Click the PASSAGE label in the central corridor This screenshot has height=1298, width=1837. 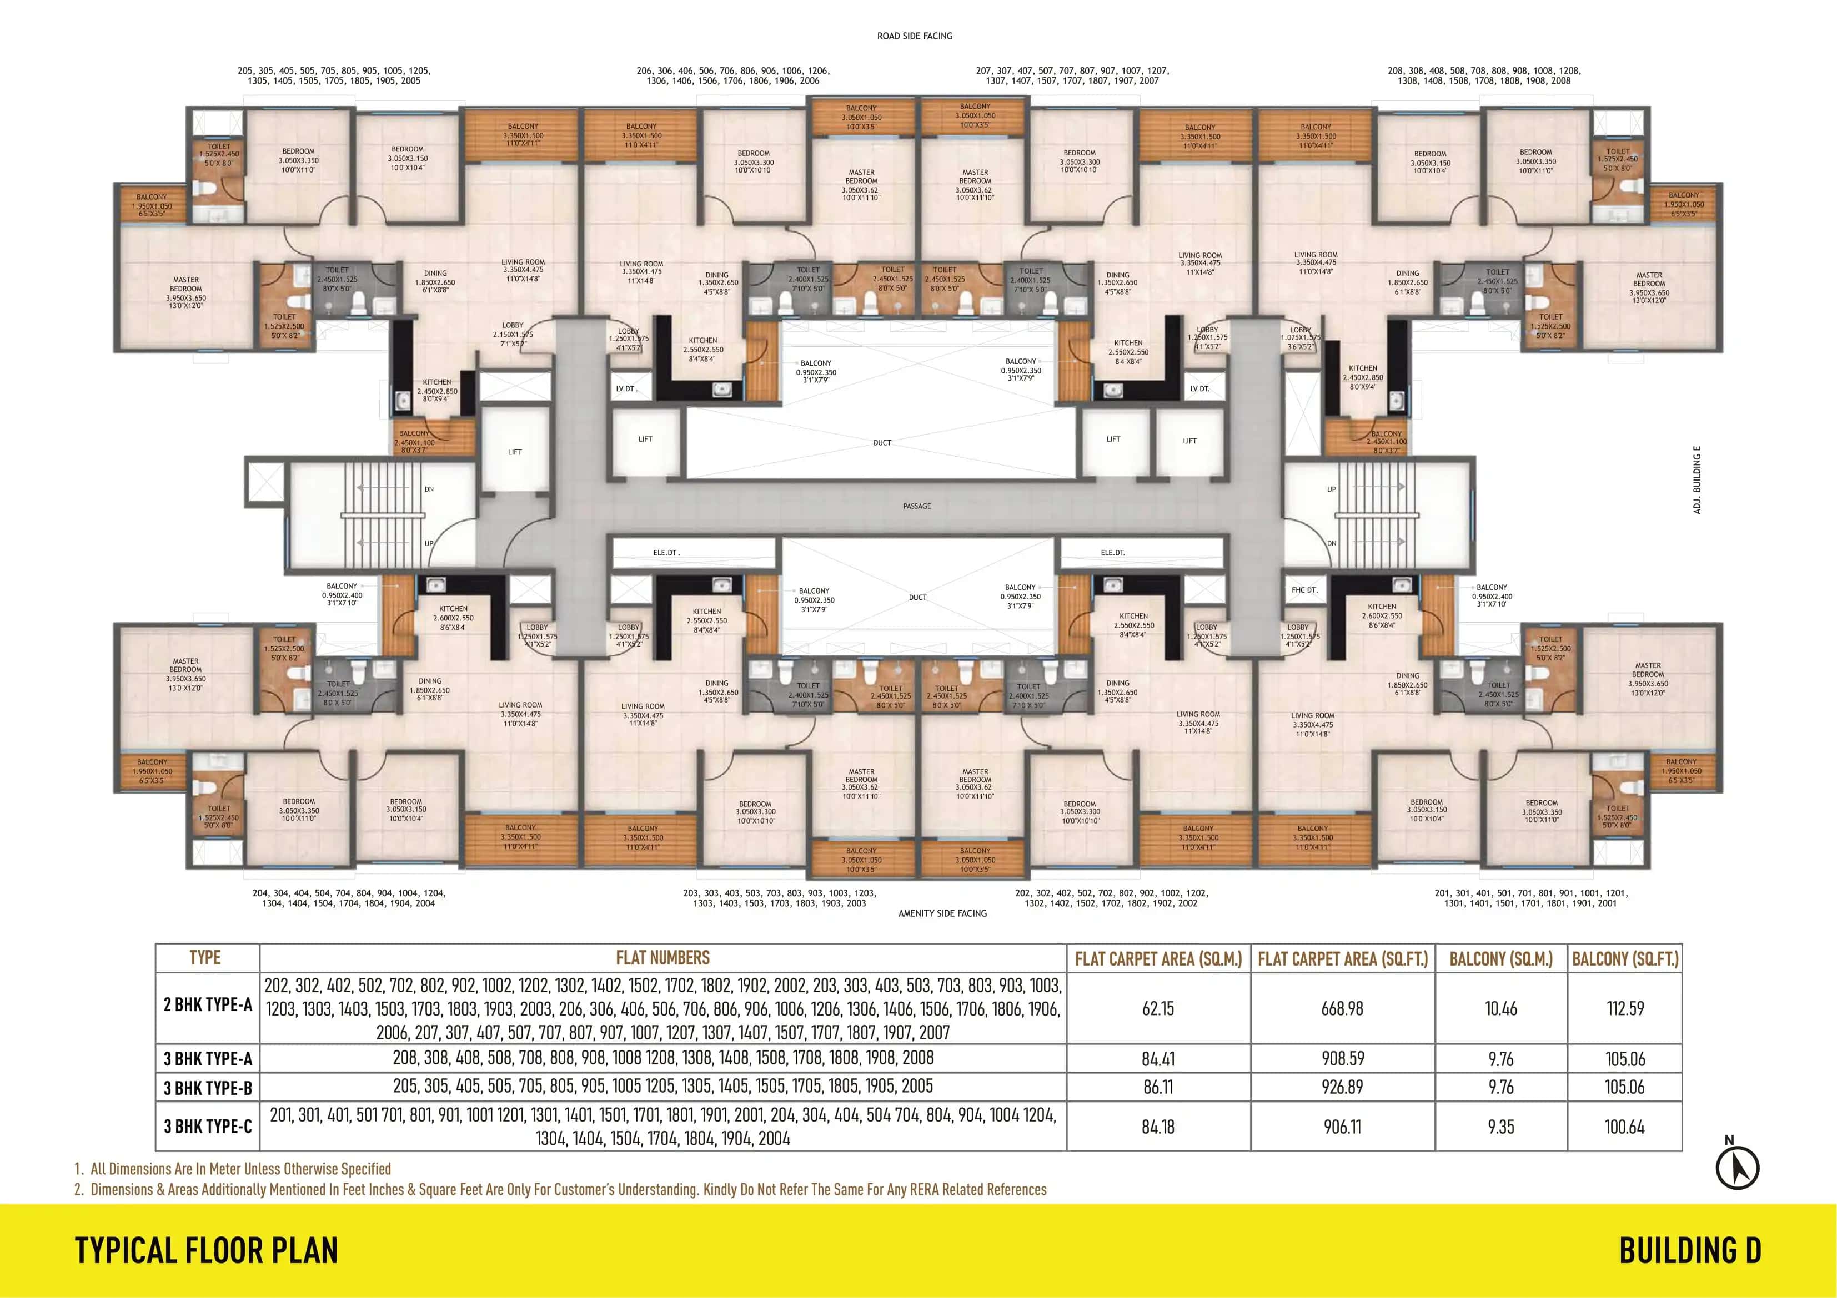point(917,506)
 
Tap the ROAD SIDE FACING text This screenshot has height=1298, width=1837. point(915,36)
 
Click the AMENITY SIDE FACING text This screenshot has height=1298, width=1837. point(942,913)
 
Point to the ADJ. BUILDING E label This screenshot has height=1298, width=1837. point(1697,480)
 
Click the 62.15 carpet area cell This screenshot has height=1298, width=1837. point(1158,1008)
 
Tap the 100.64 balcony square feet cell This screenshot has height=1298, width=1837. point(1624,1127)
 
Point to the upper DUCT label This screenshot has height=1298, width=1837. point(882,442)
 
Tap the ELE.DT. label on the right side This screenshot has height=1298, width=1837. point(1112,553)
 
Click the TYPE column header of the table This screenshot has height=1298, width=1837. point(205,958)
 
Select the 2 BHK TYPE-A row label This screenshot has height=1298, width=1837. point(207,1006)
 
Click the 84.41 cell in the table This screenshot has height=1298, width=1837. point(1158,1059)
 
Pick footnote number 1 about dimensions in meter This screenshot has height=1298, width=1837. point(232,1169)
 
